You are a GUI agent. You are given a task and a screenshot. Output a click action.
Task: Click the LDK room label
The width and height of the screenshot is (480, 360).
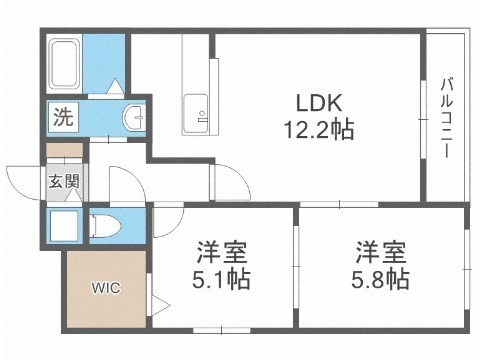click(319, 103)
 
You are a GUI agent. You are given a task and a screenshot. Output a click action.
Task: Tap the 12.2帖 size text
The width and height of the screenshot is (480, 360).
click(319, 129)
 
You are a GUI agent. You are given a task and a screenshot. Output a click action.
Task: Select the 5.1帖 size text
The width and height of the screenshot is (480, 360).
click(221, 279)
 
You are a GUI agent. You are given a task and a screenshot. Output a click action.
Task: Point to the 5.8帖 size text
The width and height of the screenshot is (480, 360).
click(380, 279)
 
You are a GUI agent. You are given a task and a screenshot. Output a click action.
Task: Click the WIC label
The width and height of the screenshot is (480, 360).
click(106, 288)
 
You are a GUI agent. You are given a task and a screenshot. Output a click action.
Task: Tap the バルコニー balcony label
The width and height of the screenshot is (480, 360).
click(447, 117)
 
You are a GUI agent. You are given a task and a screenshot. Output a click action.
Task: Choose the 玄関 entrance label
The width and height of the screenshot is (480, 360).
click(64, 182)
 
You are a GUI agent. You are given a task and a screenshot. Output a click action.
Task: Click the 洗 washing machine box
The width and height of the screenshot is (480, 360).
click(63, 117)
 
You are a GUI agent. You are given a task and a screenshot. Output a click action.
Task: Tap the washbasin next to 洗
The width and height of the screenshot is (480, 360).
click(134, 117)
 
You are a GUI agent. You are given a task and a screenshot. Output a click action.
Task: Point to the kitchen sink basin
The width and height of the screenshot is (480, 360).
click(196, 114)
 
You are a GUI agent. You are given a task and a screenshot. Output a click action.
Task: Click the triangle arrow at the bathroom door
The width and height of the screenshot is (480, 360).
click(116, 86)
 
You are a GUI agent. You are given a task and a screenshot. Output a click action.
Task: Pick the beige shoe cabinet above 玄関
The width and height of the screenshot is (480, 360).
click(64, 150)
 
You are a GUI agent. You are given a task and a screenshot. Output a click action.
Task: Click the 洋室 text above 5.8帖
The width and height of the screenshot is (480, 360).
click(380, 252)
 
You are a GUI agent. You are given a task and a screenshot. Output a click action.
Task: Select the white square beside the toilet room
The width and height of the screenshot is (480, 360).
click(63, 226)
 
